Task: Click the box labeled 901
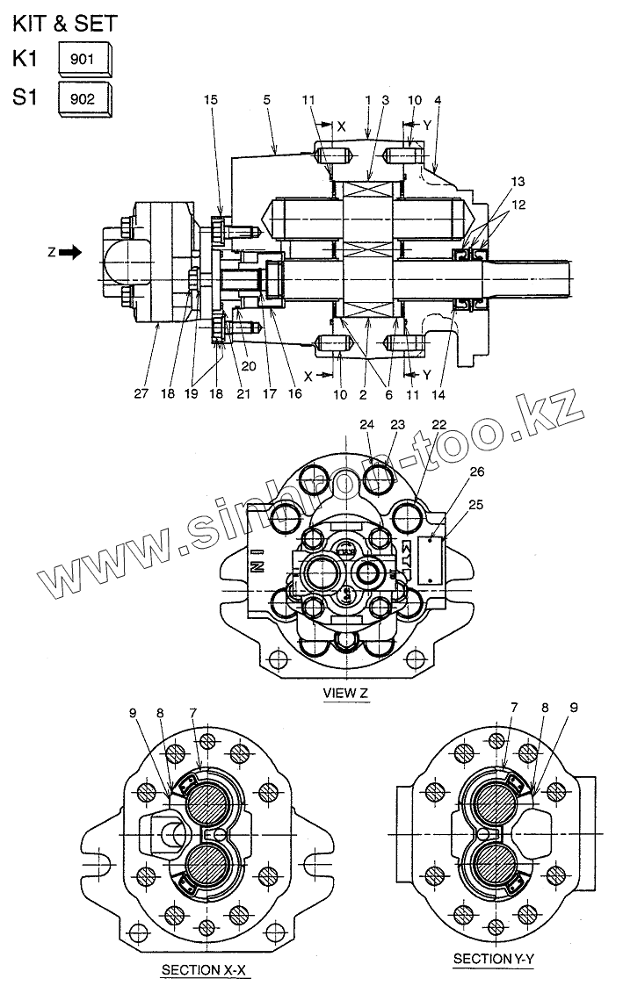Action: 85,61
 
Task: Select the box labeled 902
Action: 85,97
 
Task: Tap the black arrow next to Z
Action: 72,252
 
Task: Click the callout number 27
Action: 141,395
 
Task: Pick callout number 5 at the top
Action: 266,102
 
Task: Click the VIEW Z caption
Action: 345,694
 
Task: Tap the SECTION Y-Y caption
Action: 494,959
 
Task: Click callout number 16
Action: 294,395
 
